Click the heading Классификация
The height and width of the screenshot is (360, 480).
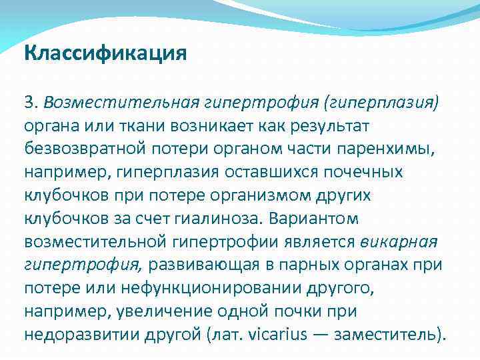pyautogui.click(x=105, y=53)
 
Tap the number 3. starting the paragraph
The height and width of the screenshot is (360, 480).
pyautogui.click(x=31, y=103)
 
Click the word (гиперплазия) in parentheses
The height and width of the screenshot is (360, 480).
pyautogui.click(x=381, y=103)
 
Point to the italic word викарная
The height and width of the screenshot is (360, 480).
pyautogui.click(x=398, y=241)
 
